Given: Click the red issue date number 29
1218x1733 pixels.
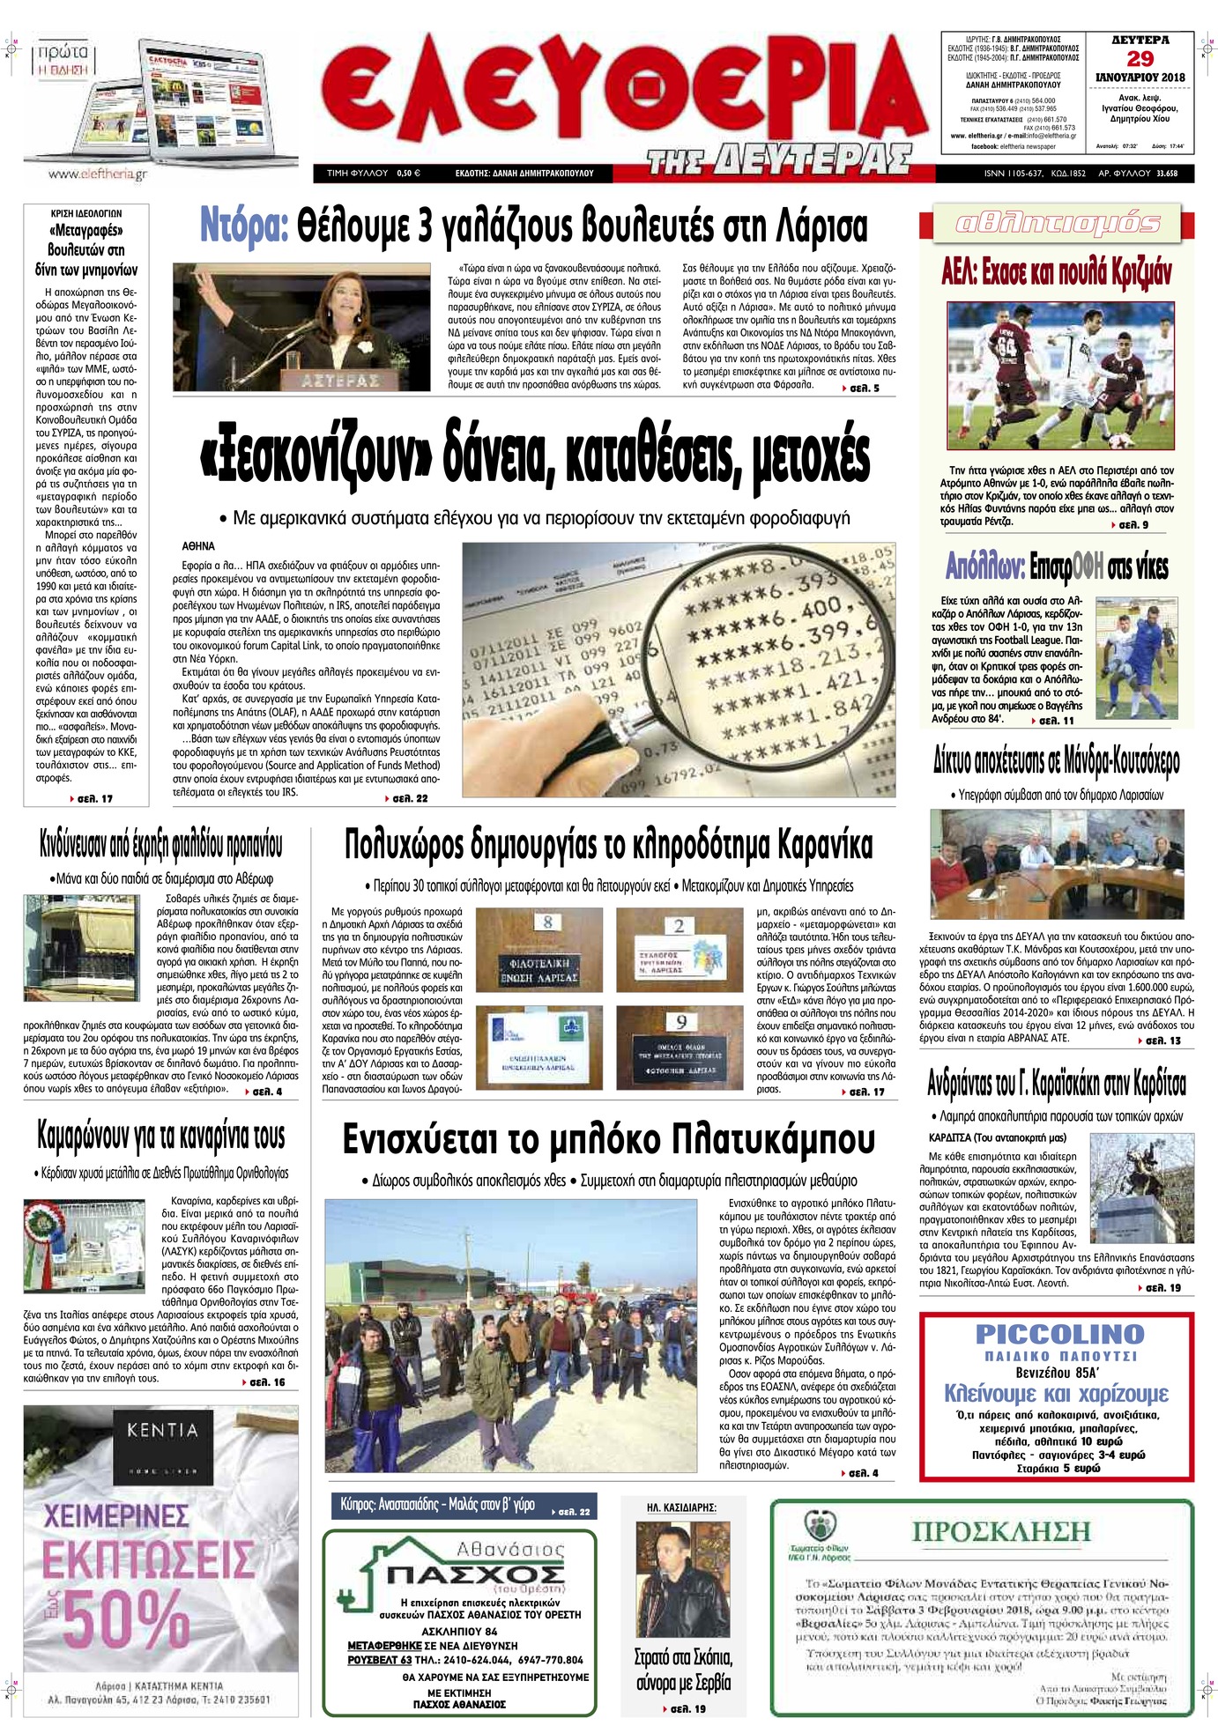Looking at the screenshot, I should pos(1140,59).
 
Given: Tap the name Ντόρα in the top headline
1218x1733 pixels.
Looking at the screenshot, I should pos(244,226).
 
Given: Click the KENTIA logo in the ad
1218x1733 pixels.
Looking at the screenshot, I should pos(162,1429).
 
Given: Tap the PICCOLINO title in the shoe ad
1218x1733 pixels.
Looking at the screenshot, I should pos(1058,1334).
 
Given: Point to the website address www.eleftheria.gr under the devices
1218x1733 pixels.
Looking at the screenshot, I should pos(97,174).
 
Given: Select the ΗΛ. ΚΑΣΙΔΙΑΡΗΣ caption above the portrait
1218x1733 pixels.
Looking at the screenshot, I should pos(681,1508).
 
